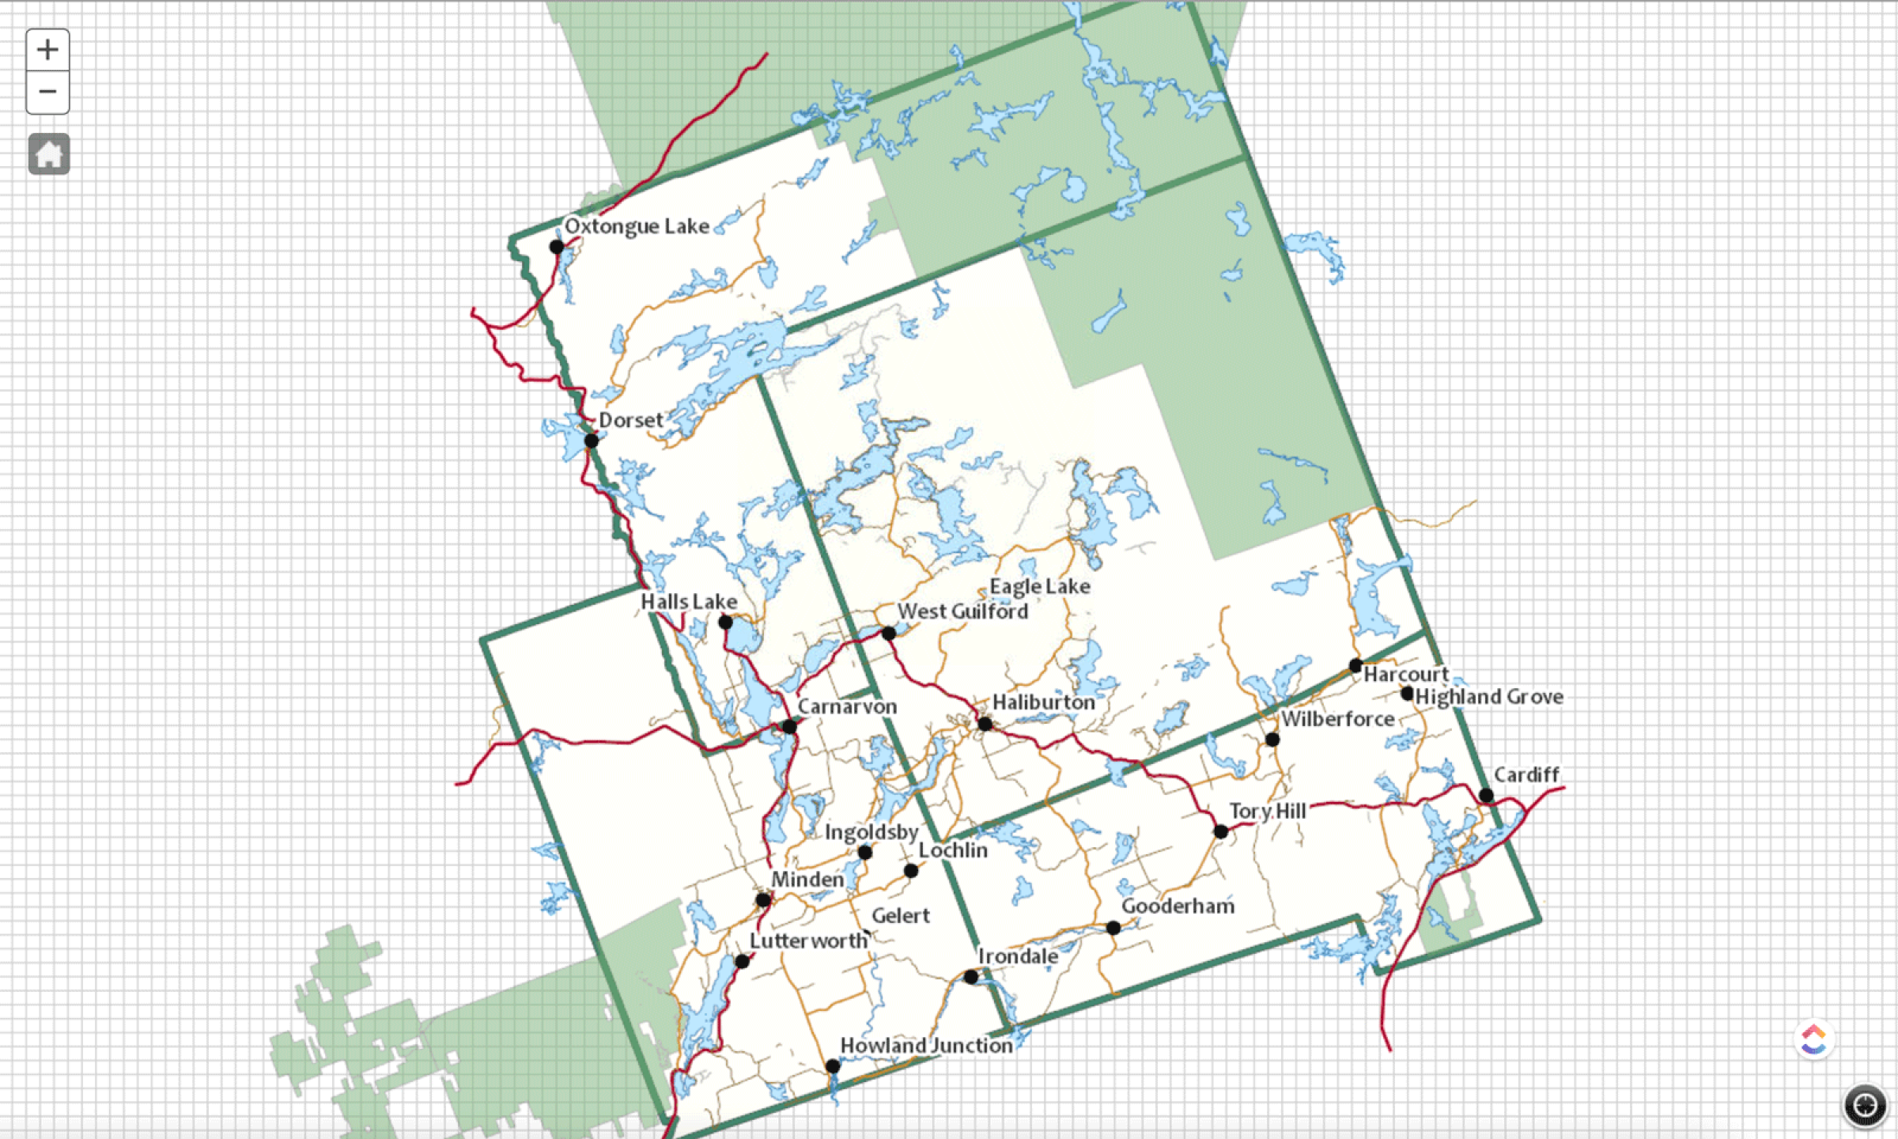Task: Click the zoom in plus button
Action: [x=47, y=50]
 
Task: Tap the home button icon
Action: [x=49, y=153]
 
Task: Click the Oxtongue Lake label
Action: [x=637, y=226]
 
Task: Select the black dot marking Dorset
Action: [x=591, y=441]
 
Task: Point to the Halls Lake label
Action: [x=688, y=602]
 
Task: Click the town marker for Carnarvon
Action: [x=789, y=726]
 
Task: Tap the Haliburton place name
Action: [x=1043, y=702]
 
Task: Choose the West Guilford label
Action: [x=962, y=611]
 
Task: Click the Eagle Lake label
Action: [x=1039, y=587]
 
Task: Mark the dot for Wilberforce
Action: [x=1272, y=740]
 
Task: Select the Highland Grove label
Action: [x=1489, y=697]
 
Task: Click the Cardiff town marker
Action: [x=1486, y=795]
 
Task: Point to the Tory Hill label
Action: [x=1267, y=812]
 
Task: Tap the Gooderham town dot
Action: [x=1113, y=928]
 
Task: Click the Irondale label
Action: [x=1018, y=957]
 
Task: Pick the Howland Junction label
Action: [x=926, y=1046]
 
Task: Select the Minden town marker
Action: [x=762, y=900]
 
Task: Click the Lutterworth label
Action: [x=808, y=941]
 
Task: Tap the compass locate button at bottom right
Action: [x=1865, y=1105]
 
